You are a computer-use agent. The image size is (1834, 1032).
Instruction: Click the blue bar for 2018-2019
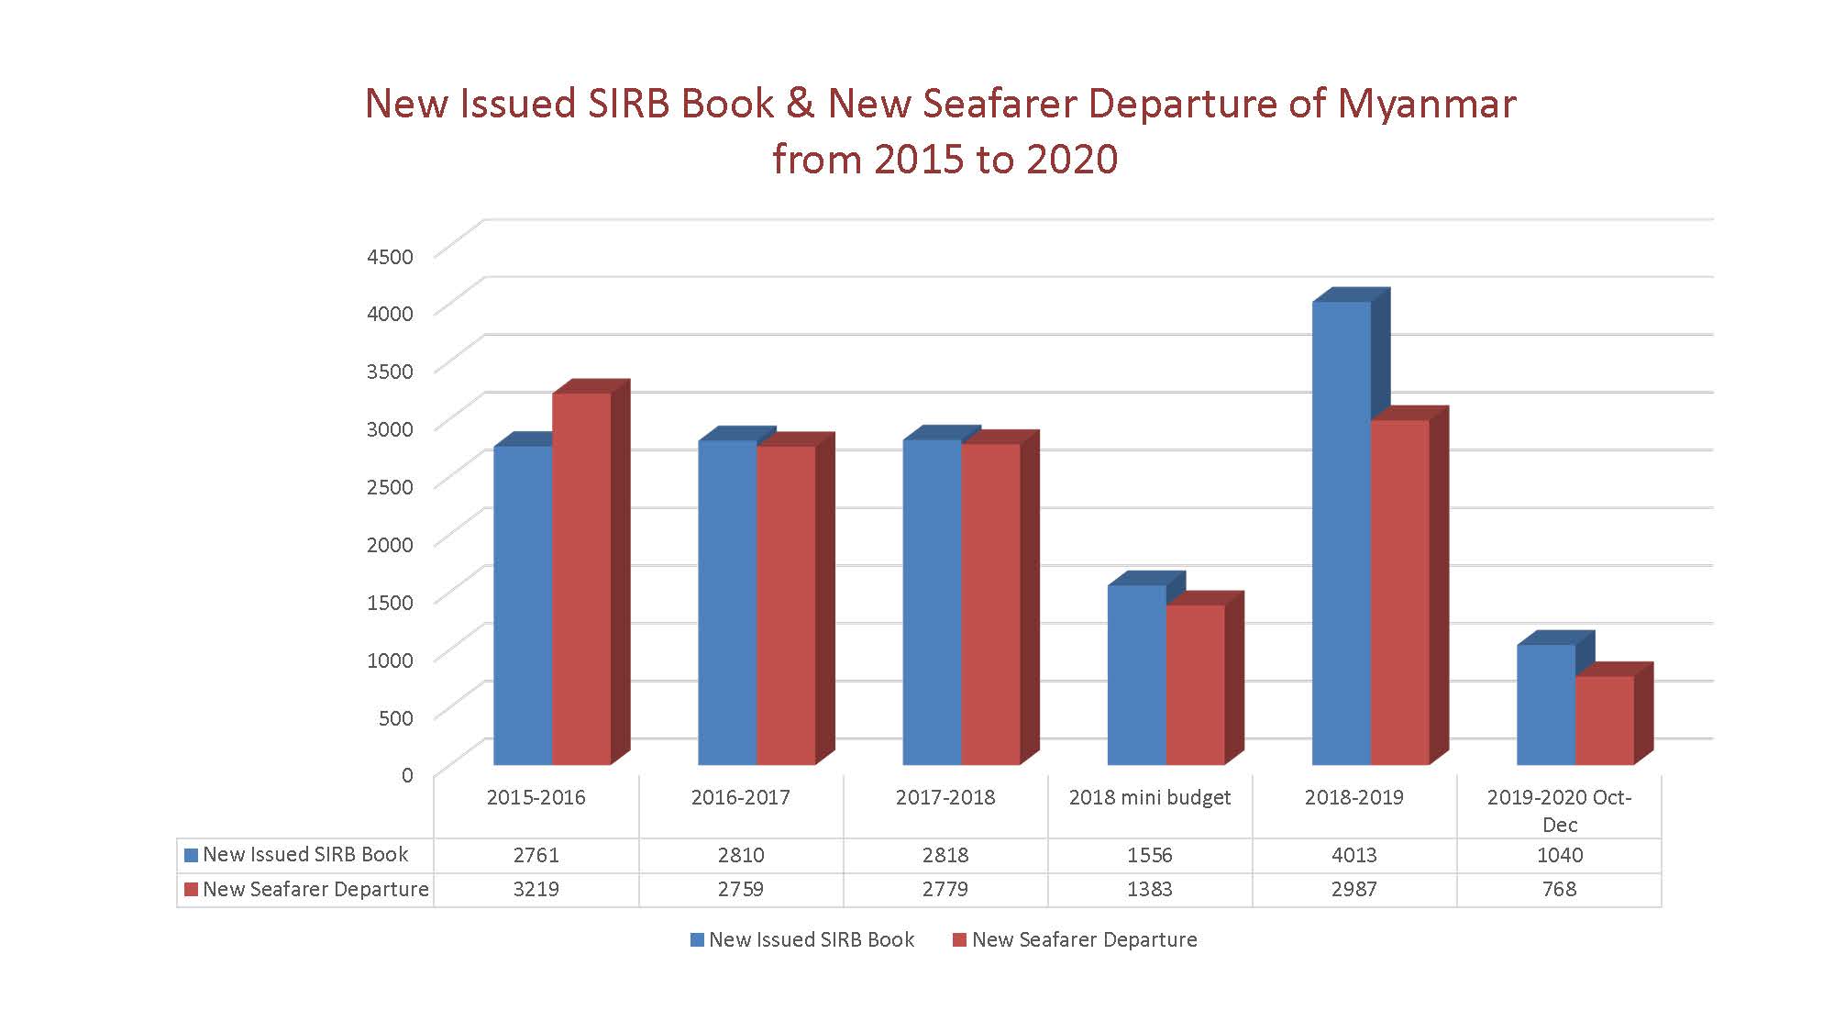(1341, 532)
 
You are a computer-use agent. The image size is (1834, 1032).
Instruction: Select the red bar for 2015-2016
(580, 578)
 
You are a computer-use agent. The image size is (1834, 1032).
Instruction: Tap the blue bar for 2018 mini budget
(1136, 674)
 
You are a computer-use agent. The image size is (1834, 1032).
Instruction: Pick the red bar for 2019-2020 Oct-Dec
(1604, 720)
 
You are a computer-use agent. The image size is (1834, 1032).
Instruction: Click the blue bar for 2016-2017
(727, 602)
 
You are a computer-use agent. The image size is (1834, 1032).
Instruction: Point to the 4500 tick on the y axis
(390, 256)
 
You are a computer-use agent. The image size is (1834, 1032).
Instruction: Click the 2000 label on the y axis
(390, 544)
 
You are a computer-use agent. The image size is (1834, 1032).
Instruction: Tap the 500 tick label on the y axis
(395, 717)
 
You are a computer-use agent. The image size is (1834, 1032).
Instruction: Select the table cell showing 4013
(1354, 855)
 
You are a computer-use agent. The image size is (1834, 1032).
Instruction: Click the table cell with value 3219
(536, 890)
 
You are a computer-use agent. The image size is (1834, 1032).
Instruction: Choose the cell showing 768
(1559, 890)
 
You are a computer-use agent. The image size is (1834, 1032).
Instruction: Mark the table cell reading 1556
(1150, 855)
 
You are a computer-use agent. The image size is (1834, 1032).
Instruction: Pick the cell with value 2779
(945, 890)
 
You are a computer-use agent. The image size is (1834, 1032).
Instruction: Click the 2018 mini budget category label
(1150, 797)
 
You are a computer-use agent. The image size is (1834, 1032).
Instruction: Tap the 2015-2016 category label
(536, 797)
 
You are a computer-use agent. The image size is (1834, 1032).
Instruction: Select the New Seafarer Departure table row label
(315, 890)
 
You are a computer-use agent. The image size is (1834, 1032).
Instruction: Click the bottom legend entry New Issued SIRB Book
(811, 939)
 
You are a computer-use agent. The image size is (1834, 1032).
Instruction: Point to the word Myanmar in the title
(1426, 104)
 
